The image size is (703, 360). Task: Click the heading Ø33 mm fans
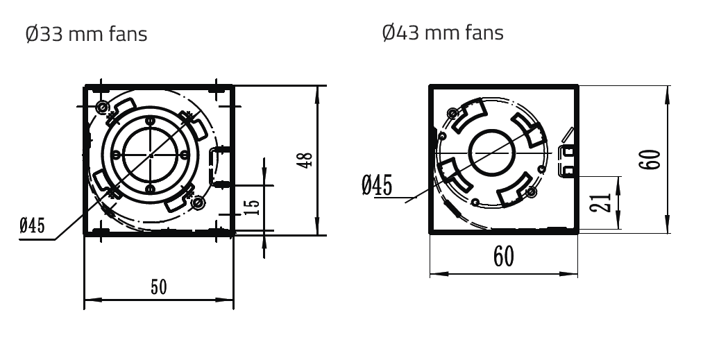87,34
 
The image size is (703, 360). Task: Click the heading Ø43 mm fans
443,33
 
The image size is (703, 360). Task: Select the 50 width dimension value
159,287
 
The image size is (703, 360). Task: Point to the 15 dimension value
253,207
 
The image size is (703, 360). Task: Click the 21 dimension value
601,202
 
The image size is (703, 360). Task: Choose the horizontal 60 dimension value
504,257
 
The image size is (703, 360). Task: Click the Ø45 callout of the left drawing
33,225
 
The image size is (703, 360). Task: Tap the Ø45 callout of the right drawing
377,185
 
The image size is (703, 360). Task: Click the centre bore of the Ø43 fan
491,153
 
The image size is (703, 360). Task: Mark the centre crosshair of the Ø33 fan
151,155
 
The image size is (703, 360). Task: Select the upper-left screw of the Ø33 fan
103,107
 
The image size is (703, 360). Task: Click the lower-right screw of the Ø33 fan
196,203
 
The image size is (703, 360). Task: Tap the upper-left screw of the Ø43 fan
453,112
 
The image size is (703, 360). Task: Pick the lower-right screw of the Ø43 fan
532,192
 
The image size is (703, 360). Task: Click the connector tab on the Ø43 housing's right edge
568,160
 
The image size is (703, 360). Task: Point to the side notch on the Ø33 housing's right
221,165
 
